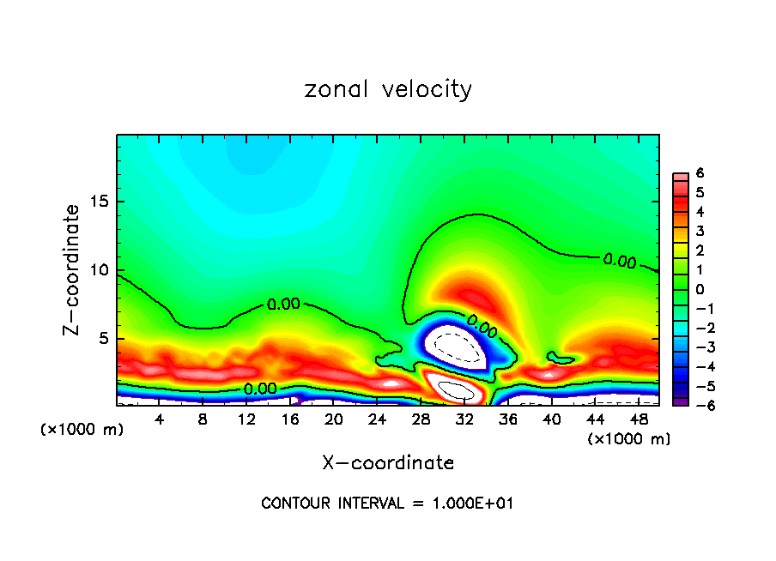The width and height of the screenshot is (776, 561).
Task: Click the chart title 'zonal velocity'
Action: click(x=388, y=89)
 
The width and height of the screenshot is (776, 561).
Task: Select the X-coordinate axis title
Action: click(x=388, y=463)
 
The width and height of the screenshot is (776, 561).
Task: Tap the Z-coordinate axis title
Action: click(x=74, y=269)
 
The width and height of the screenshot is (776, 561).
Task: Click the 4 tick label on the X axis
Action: click(x=159, y=419)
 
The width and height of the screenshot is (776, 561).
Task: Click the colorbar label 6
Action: click(x=700, y=173)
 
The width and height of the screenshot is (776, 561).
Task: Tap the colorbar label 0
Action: click(x=700, y=289)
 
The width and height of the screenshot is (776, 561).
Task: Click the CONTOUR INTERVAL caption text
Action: click(x=387, y=504)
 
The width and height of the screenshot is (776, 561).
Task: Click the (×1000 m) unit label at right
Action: click(x=628, y=439)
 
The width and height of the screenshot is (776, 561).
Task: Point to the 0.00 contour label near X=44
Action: click(x=619, y=261)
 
